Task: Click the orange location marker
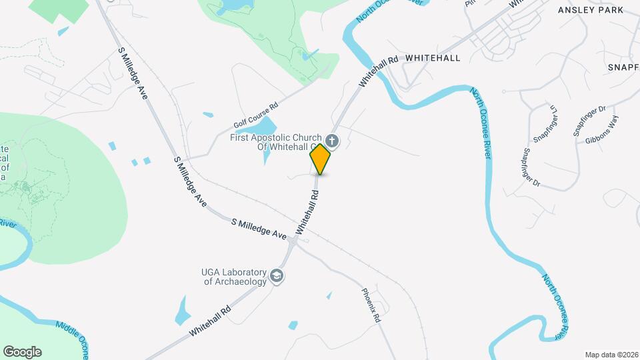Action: click(321, 159)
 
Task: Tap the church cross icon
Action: click(331, 141)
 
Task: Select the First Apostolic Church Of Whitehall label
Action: click(277, 142)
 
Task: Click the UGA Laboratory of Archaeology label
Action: click(234, 277)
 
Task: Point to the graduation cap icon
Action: click(277, 276)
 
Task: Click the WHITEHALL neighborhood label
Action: click(433, 58)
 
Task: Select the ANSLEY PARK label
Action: click(591, 10)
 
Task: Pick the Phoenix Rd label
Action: click(371, 306)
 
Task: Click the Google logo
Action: click(22, 352)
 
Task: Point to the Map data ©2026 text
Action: click(610, 354)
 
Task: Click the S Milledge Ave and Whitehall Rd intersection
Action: click(294, 241)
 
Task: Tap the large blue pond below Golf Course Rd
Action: click(265, 127)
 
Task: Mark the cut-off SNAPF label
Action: click(623, 67)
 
